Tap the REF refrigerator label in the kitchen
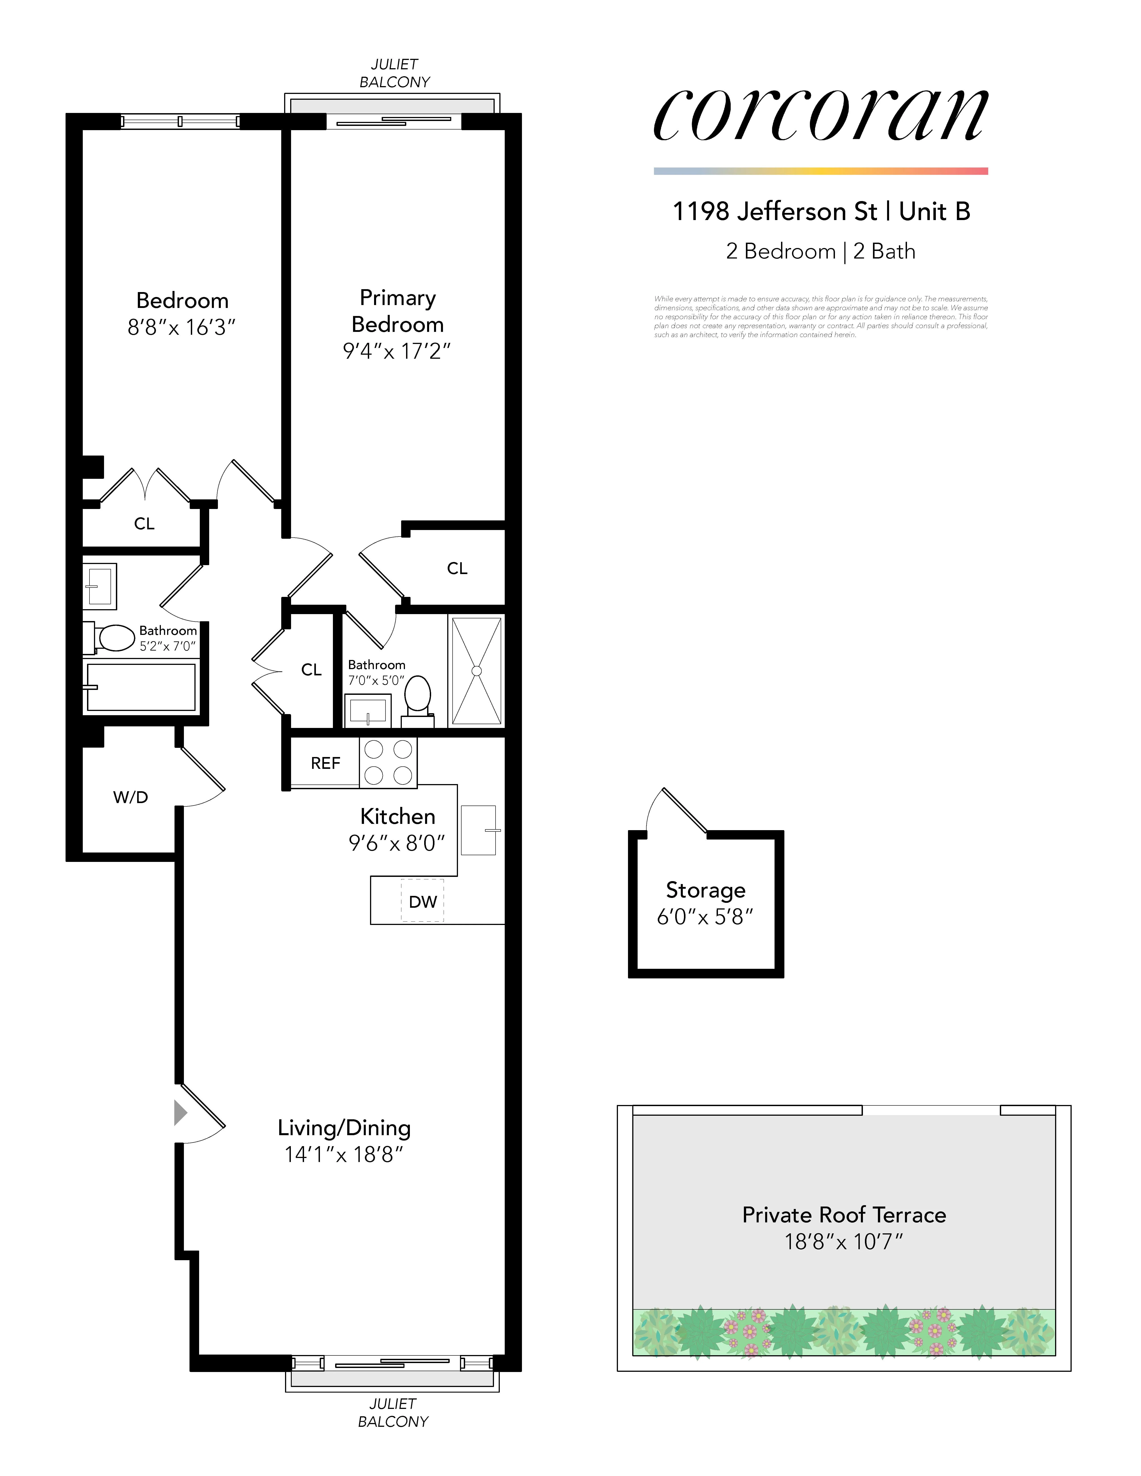(x=325, y=763)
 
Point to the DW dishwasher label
(x=422, y=901)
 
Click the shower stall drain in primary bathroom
(x=477, y=670)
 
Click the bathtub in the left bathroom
(x=140, y=687)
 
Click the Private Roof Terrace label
(x=844, y=1214)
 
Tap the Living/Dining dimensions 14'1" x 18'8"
(x=343, y=1154)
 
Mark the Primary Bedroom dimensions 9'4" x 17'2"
(x=397, y=351)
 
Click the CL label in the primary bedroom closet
(x=457, y=568)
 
